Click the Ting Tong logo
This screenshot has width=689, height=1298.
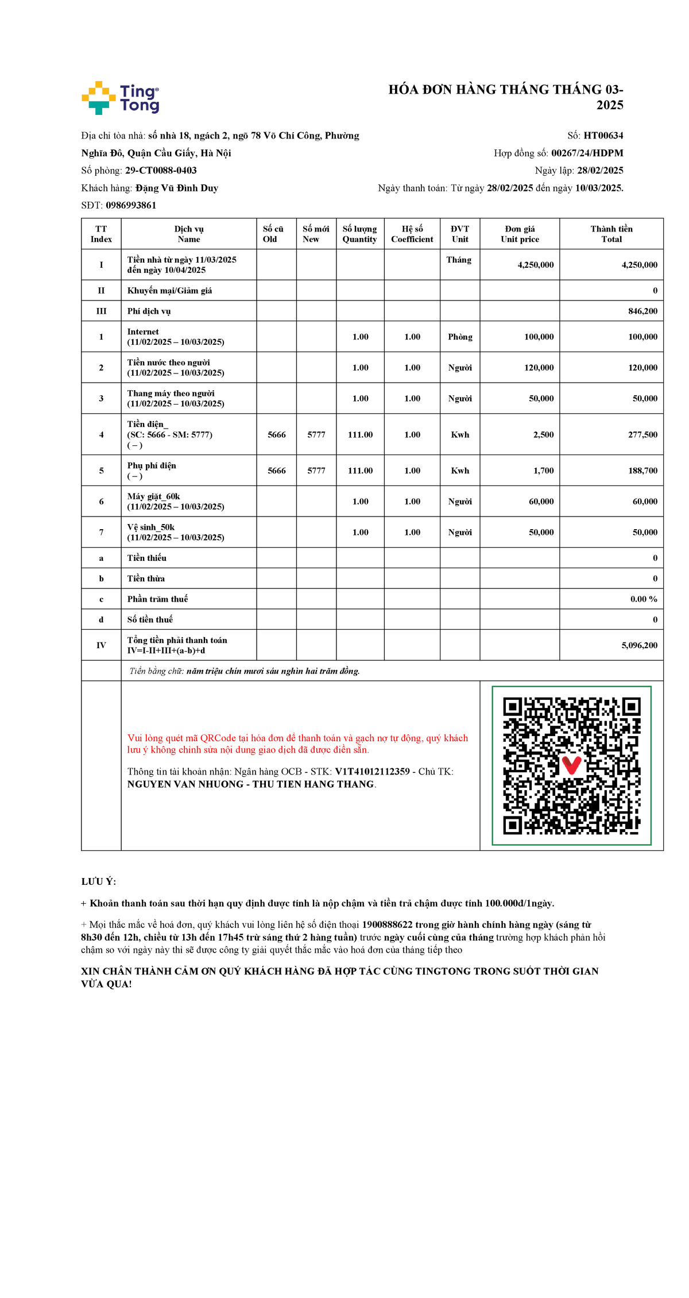point(121,98)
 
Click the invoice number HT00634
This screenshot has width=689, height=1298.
point(603,136)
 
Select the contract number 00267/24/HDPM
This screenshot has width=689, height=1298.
point(587,153)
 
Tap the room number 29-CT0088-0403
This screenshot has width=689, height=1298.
point(161,171)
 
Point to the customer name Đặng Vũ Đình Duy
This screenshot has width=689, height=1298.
point(177,188)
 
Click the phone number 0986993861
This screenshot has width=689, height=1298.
point(131,205)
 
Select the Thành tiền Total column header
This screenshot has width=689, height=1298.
point(611,234)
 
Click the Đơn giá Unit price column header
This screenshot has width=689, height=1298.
point(520,234)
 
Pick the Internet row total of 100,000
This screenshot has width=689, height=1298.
point(642,337)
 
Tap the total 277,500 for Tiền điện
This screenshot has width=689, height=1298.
point(642,435)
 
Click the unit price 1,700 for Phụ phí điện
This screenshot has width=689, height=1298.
point(543,471)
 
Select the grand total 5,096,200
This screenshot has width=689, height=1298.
point(639,645)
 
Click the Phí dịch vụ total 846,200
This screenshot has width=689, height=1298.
point(642,311)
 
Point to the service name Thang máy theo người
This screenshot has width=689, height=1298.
point(171,394)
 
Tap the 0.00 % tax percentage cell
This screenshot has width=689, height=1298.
point(643,599)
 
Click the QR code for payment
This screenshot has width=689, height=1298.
point(571,765)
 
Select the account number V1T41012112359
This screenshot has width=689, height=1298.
point(372,772)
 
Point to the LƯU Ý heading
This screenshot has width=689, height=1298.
point(98,881)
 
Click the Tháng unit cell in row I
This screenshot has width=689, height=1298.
point(459,260)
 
